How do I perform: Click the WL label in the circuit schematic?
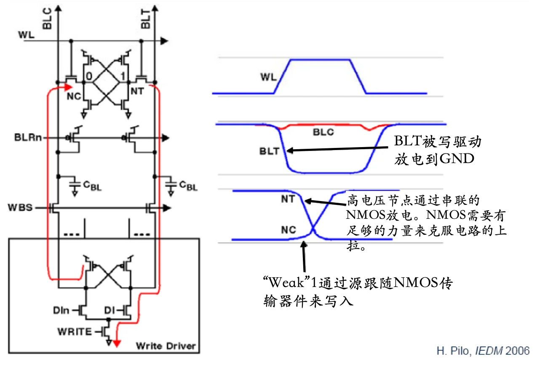tap(26, 35)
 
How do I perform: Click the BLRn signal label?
tap(28, 137)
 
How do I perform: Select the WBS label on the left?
tap(20, 207)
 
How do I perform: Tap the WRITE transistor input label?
tap(75, 332)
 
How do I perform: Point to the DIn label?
tap(61, 310)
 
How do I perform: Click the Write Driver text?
tap(166, 346)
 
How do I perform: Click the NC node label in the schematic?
tap(74, 96)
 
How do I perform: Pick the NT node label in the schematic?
tap(137, 91)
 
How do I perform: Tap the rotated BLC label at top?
tap(47, 19)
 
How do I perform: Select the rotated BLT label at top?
tap(145, 19)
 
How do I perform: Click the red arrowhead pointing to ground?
tap(117, 344)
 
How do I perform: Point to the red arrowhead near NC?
tap(69, 87)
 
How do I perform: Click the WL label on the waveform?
tap(268, 77)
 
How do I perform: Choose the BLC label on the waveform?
tap(323, 132)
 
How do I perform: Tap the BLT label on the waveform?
tap(269, 151)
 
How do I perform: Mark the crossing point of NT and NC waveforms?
tap(313, 228)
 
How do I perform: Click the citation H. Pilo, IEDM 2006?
tap(483, 351)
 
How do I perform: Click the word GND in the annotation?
tap(457, 159)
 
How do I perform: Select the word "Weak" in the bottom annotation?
tap(286, 282)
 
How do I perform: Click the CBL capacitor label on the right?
tap(188, 186)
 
